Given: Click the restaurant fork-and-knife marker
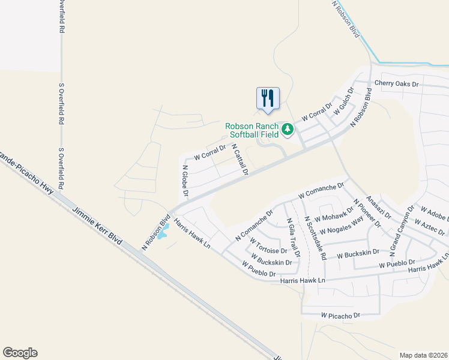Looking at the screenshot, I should pos(268,98).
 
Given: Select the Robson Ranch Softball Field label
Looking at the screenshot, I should pos(252,130).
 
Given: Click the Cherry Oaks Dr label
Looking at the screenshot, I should pos(396,83).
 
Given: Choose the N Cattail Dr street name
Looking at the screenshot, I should pos(240,160).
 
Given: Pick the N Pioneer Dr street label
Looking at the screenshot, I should pos(367,213).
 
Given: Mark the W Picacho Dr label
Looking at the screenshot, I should pos(340,315).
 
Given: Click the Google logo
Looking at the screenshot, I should pos(20,353).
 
